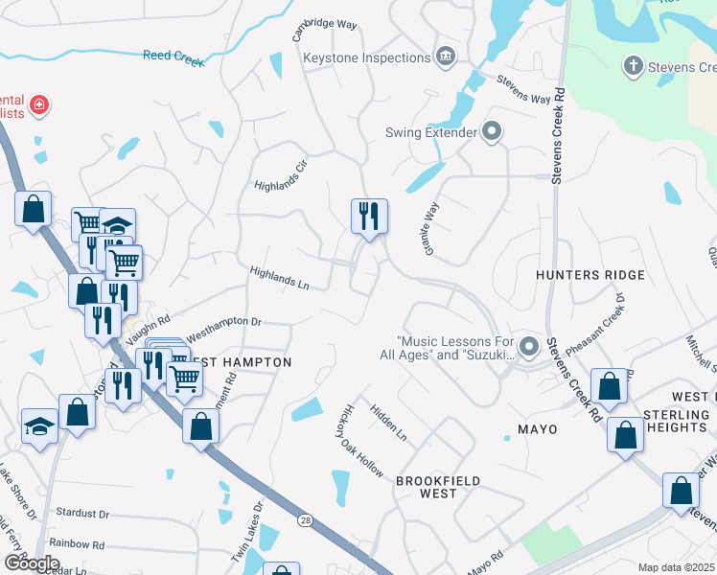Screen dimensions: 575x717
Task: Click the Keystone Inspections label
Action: pyautogui.click(x=367, y=57)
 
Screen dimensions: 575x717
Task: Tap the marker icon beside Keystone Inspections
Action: pyautogui.click(x=445, y=57)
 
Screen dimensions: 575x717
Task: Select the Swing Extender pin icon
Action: pyautogui.click(x=492, y=131)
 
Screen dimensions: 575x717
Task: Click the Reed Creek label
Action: pyautogui.click(x=173, y=57)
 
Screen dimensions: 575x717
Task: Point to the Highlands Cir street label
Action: pyautogui.click(x=280, y=173)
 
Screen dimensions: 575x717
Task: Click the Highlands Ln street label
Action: pyautogui.click(x=279, y=279)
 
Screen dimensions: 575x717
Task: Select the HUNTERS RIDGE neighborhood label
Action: pyautogui.click(x=590, y=275)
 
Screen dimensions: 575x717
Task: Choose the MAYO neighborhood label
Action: pyautogui.click(x=537, y=428)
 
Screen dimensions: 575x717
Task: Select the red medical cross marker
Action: pyautogui.click(x=38, y=104)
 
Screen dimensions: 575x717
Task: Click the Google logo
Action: pyautogui.click(x=32, y=563)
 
